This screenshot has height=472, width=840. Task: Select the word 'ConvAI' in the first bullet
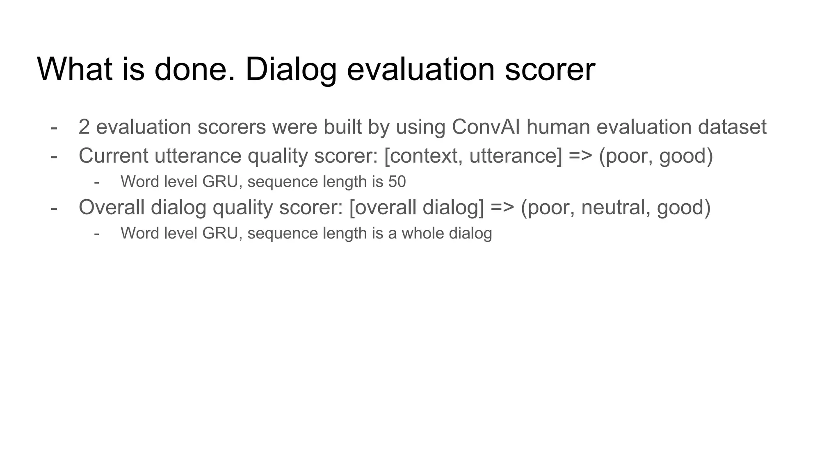(x=486, y=127)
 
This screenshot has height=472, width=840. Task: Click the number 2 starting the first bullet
(x=84, y=127)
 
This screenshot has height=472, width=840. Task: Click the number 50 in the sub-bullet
(x=397, y=182)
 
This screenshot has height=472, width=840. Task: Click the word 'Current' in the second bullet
(x=114, y=156)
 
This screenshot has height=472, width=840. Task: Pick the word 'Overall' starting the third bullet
(x=112, y=207)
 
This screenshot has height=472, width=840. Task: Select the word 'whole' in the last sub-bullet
(x=423, y=233)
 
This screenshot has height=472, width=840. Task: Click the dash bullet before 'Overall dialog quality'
(x=54, y=207)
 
